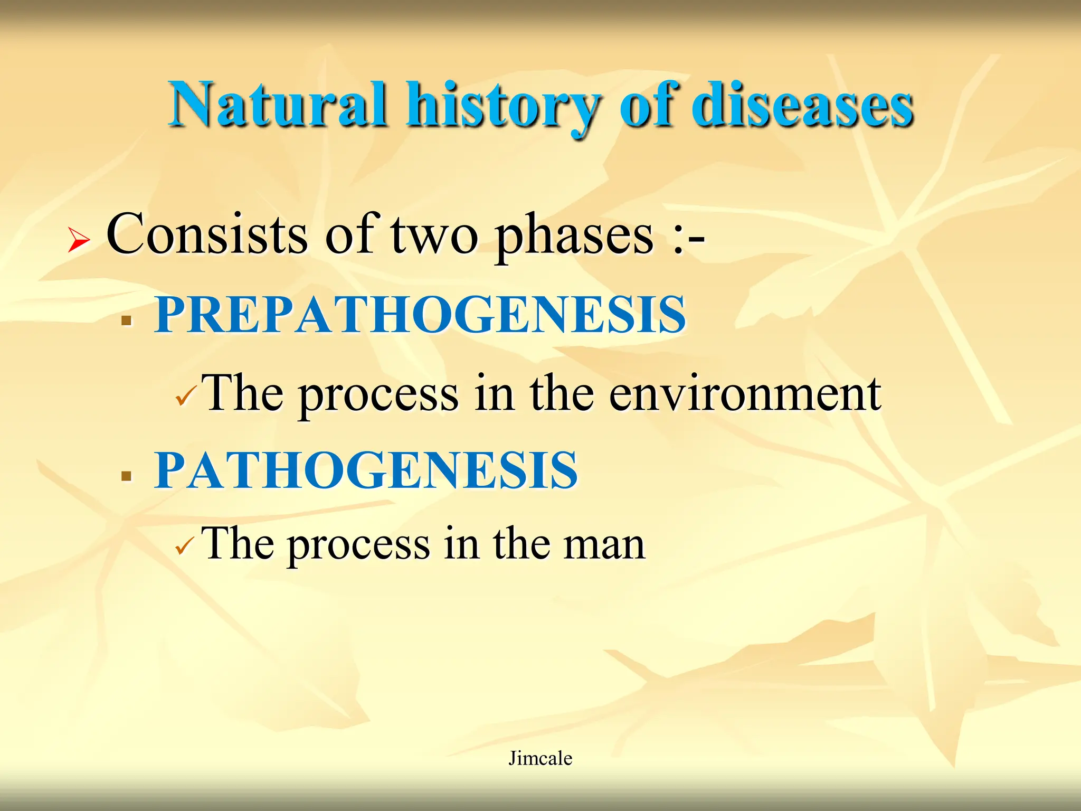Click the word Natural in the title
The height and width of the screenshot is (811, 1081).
[278, 105]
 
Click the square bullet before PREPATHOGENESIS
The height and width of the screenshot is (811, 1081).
[126, 320]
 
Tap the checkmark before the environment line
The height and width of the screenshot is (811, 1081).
[186, 396]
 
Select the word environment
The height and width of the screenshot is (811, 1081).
[745, 394]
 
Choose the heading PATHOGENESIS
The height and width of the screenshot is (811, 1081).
[366, 470]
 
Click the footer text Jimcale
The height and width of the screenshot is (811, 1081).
[540, 758]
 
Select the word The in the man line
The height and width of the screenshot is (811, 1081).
[238, 544]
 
